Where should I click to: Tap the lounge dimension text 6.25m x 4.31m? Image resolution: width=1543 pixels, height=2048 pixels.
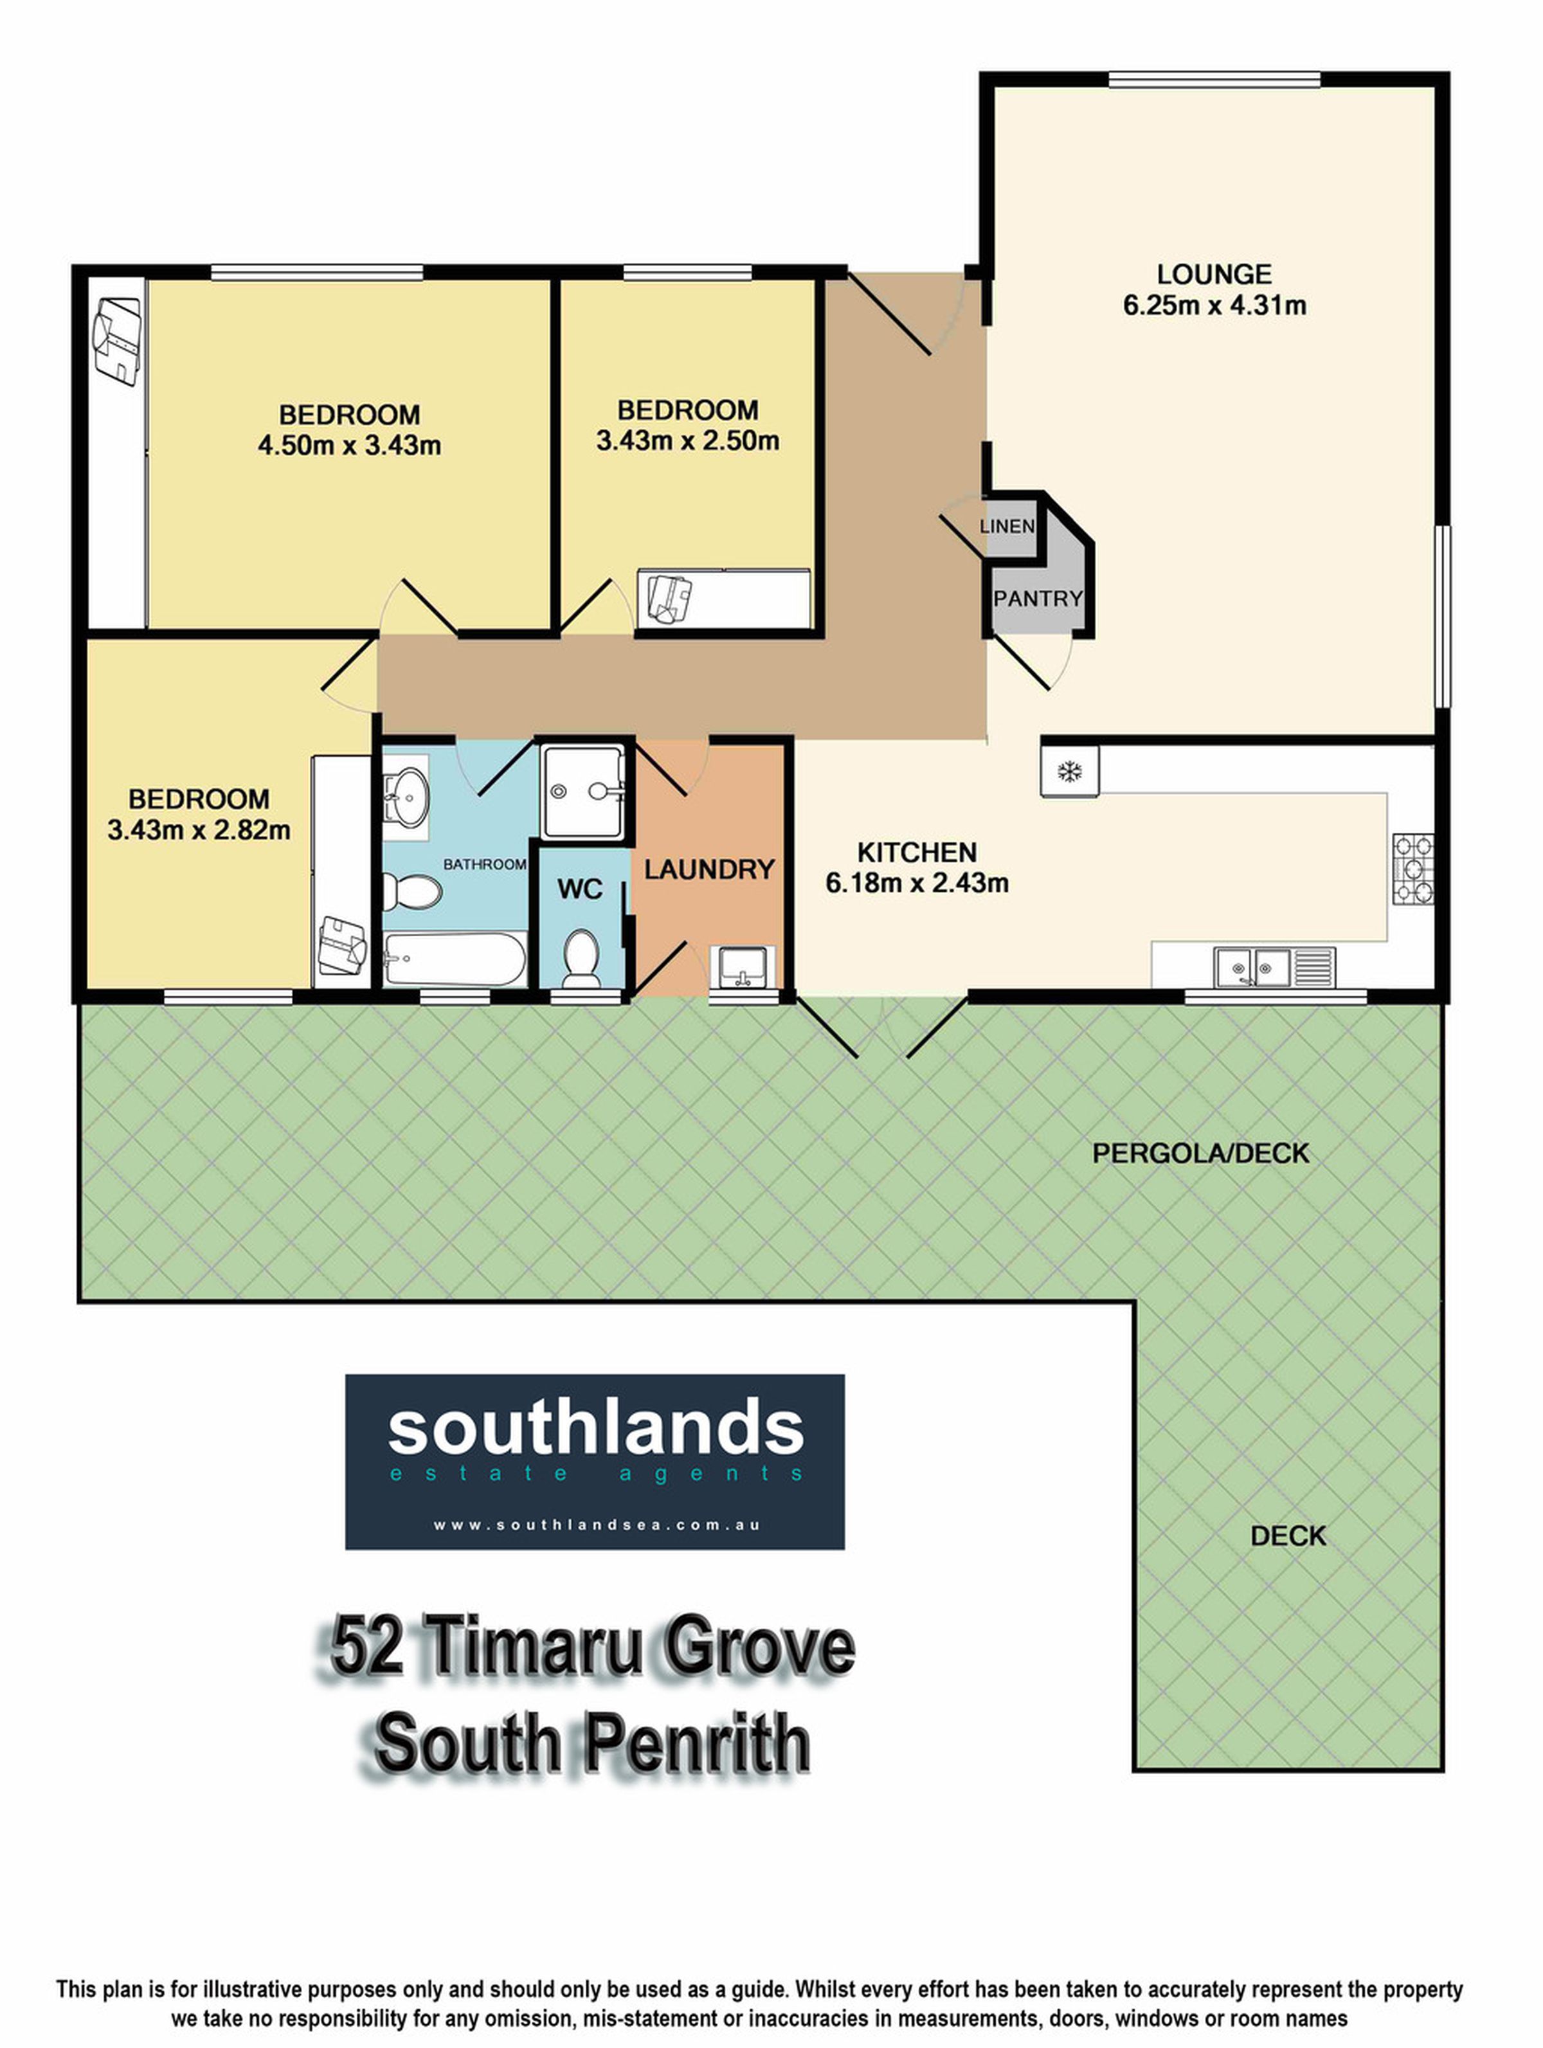click(x=1214, y=305)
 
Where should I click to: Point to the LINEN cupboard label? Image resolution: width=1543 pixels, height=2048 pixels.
click(x=1007, y=526)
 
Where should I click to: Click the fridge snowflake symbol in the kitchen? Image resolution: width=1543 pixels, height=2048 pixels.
click(x=1070, y=770)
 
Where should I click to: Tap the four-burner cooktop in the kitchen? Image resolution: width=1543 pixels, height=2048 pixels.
click(x=1412, y=869)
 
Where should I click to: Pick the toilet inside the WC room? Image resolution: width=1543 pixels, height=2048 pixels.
click(x=581, y=956)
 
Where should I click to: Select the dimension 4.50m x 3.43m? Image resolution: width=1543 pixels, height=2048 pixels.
click(x=350, y=446)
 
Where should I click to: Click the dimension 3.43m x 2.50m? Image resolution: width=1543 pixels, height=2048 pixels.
click(x=688, y=440)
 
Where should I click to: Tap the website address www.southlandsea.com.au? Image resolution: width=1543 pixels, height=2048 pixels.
click(x=596, y=1525)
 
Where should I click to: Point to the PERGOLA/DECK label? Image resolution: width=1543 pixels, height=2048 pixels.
click(x=1200, y=1153)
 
